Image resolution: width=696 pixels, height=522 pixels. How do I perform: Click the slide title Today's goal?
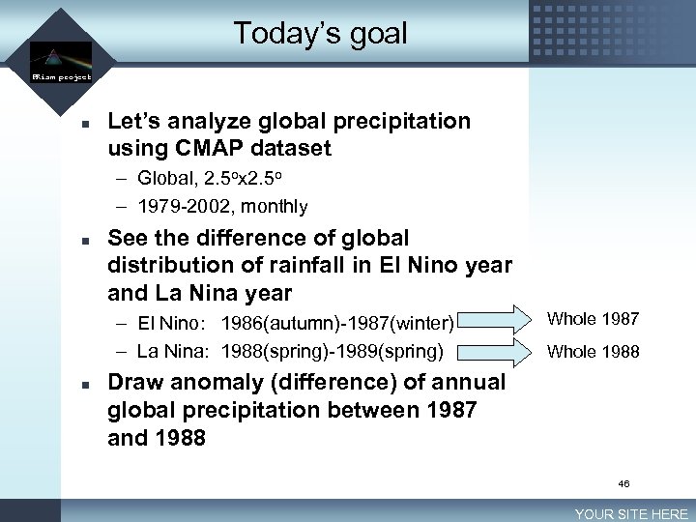pos(320,34)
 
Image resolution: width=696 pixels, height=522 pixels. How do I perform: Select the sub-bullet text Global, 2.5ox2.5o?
pos(209,179)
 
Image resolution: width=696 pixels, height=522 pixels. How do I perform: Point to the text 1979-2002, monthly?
pos(222,206)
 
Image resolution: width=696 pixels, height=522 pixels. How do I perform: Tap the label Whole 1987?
pos(593,319)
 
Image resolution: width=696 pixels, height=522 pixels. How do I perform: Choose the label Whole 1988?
pos(593,352)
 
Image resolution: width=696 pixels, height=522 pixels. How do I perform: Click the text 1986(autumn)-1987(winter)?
pos(337,322)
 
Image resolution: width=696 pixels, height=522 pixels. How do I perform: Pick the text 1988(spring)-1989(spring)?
pos(332,350)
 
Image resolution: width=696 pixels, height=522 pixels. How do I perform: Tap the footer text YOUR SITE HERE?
pos(631,514)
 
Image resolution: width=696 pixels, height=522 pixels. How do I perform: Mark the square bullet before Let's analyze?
pos(85,124)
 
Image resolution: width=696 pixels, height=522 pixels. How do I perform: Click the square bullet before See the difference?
pos(85,240)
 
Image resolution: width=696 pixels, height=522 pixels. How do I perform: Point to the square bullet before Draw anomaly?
pos(85,384)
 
